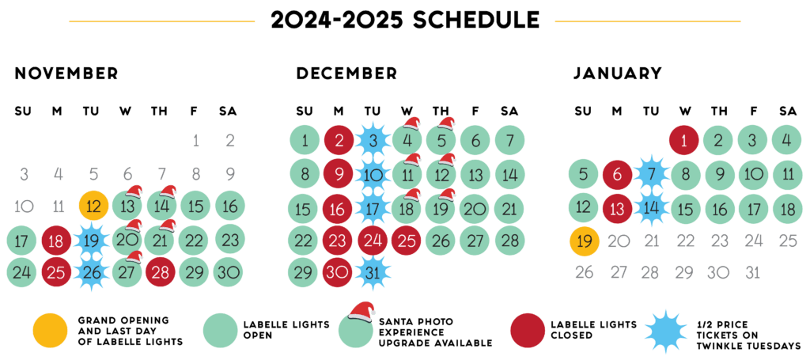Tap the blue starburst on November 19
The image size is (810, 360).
93,240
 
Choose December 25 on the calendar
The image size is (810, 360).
406,240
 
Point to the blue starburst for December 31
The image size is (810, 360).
372,272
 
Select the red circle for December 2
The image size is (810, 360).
338,141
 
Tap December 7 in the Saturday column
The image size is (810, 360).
509,141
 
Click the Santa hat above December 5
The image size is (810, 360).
447,123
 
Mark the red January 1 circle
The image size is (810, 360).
683,141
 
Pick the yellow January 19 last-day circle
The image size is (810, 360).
584,241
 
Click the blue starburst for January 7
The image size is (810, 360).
650,174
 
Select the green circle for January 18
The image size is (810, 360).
786,208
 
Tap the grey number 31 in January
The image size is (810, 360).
752,272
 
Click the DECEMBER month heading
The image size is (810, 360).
346,74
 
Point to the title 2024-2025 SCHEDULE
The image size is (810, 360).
405,20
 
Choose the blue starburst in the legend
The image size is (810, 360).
666,331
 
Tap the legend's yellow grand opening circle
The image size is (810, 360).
49,331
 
